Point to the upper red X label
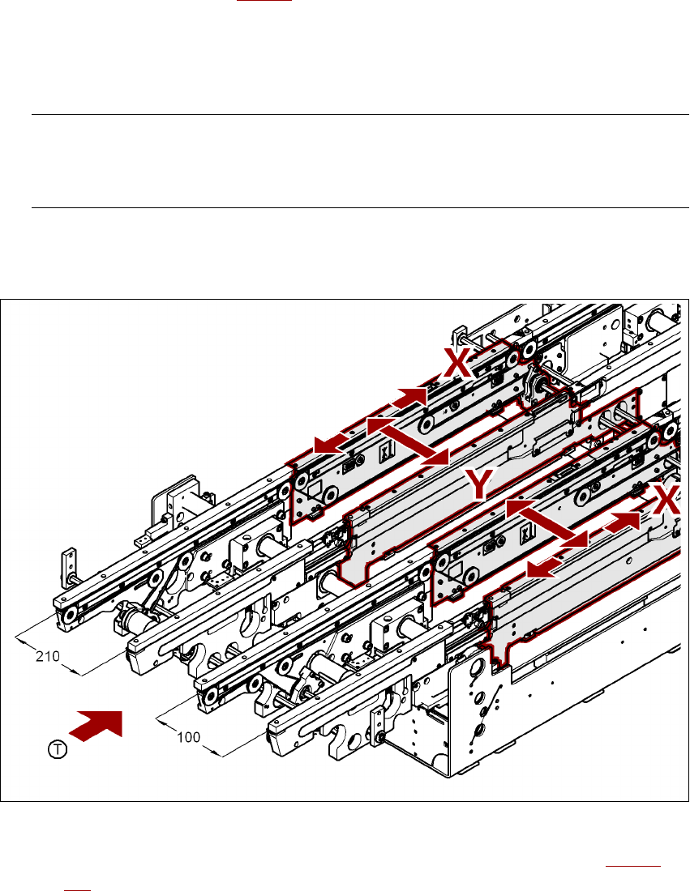pos(457,364)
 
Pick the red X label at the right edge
pos(666,500)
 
